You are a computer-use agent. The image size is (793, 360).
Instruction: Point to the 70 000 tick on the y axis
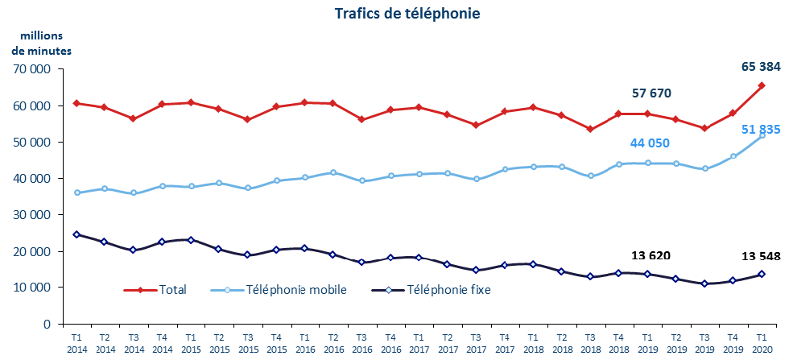[x=34, y=69]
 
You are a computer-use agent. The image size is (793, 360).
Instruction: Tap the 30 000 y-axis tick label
[x=34, y=215]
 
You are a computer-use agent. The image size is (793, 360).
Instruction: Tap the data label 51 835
[x=759, y=130]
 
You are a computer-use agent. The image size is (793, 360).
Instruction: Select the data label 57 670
[x=651, y=93]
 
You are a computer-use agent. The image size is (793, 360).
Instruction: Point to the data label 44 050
[x=651, y=143]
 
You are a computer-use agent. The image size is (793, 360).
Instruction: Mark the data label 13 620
[x=651, y=255]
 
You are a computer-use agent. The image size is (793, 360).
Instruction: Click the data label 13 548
[x=760, y=257]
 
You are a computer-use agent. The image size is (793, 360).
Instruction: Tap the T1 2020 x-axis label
[x=762, y=343]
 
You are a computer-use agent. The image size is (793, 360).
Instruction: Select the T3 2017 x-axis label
[x=476, y=343]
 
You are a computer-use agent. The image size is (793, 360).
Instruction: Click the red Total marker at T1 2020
[x=762, y=85]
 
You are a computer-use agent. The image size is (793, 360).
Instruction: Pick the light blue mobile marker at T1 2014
[x=76, y=192]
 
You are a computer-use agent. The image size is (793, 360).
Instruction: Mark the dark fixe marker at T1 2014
[x=76, y=234]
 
